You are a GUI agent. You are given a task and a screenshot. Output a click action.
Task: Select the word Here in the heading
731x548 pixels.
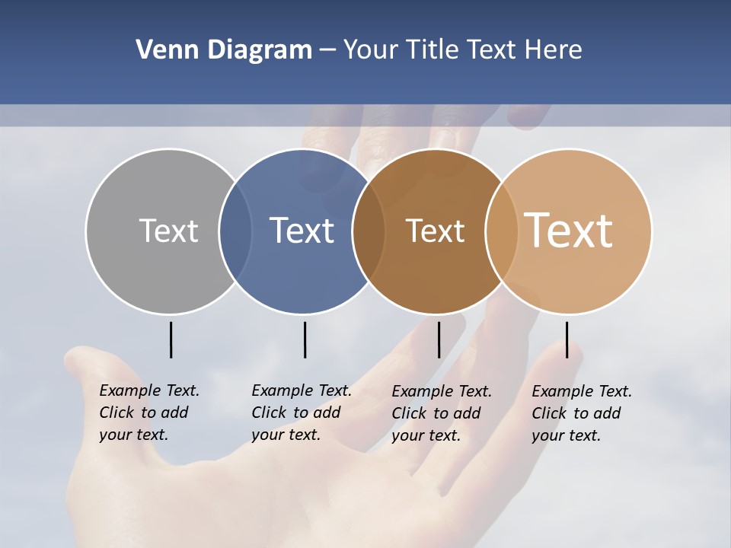[554, 50]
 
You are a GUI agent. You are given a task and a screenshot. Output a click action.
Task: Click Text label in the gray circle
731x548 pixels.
[168, 231]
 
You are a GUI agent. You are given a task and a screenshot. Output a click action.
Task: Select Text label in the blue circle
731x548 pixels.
[302, 231]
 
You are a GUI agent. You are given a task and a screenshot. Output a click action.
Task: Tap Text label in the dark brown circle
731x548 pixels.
[435, 231]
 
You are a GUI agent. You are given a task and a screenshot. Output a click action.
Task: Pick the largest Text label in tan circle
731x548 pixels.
[569, 231]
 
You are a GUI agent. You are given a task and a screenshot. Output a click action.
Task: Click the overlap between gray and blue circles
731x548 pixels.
[235, 231]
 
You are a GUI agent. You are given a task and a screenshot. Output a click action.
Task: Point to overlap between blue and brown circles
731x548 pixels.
[369, 231]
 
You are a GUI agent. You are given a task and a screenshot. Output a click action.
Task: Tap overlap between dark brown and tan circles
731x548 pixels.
[502, 231]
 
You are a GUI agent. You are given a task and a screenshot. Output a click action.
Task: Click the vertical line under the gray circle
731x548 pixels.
[171, 339]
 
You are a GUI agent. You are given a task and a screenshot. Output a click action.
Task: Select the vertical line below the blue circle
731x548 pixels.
[305, 339]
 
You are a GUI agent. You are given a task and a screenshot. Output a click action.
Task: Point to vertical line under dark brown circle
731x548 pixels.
[439, 339]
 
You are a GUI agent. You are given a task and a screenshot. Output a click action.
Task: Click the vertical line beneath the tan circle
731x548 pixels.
[567, 339]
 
